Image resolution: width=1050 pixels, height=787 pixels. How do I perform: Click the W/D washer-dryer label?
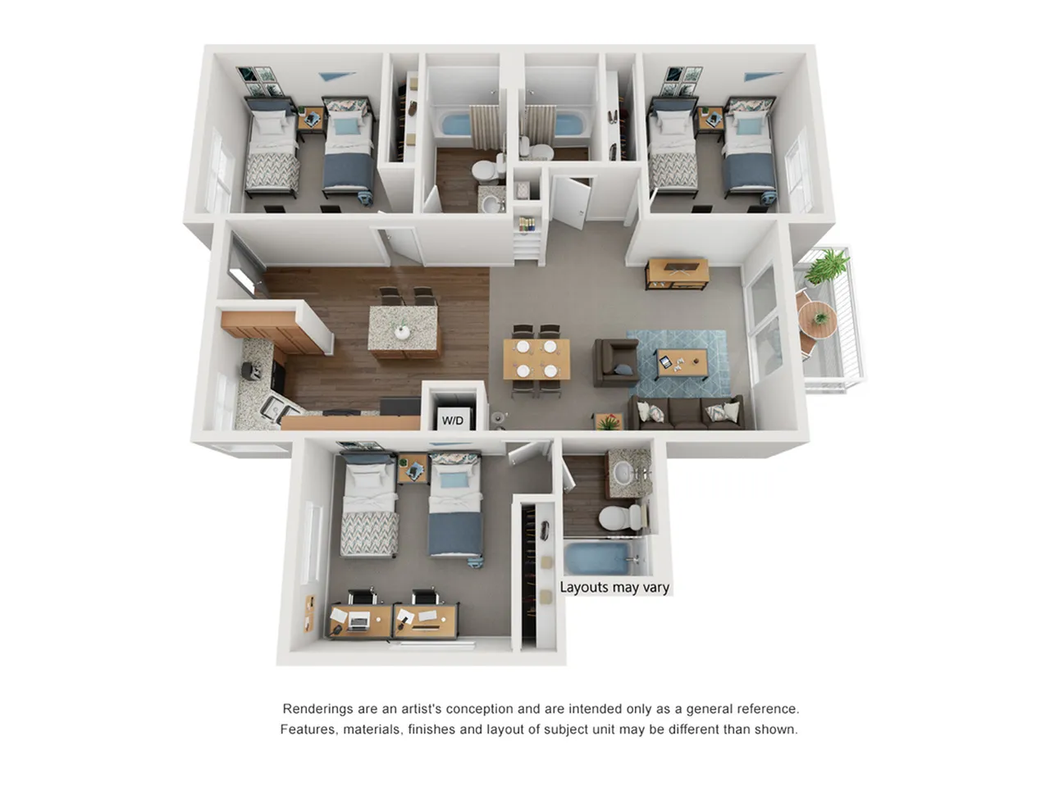452,421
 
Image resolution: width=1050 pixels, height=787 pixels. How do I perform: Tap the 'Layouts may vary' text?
614,587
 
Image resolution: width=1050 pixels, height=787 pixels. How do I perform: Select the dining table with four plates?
536,359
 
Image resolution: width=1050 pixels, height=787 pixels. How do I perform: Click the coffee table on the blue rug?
682,362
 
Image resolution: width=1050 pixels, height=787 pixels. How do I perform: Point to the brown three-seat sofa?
687,412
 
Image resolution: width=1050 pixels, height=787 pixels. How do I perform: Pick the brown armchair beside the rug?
616,362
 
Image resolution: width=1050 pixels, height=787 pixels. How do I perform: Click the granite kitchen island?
403,332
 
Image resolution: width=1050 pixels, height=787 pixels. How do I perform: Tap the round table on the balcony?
819,320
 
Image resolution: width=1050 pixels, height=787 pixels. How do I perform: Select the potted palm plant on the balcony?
826,267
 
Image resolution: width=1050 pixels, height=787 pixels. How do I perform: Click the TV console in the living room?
677,273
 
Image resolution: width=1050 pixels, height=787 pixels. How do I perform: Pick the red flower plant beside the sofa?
609,421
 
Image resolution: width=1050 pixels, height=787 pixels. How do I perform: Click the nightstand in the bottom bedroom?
413,468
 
